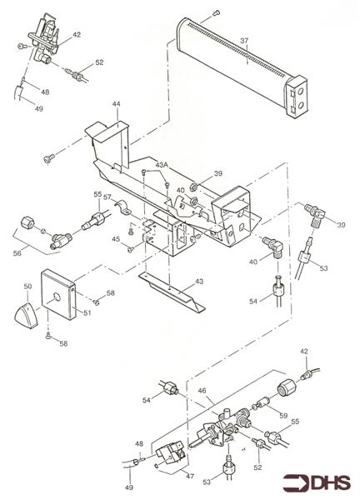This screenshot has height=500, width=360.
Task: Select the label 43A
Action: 162,166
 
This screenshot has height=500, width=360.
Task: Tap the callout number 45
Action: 117,239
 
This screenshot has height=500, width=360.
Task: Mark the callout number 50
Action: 27,287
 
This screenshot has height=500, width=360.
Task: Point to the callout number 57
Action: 107,199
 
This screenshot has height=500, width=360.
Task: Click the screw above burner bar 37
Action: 216,12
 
